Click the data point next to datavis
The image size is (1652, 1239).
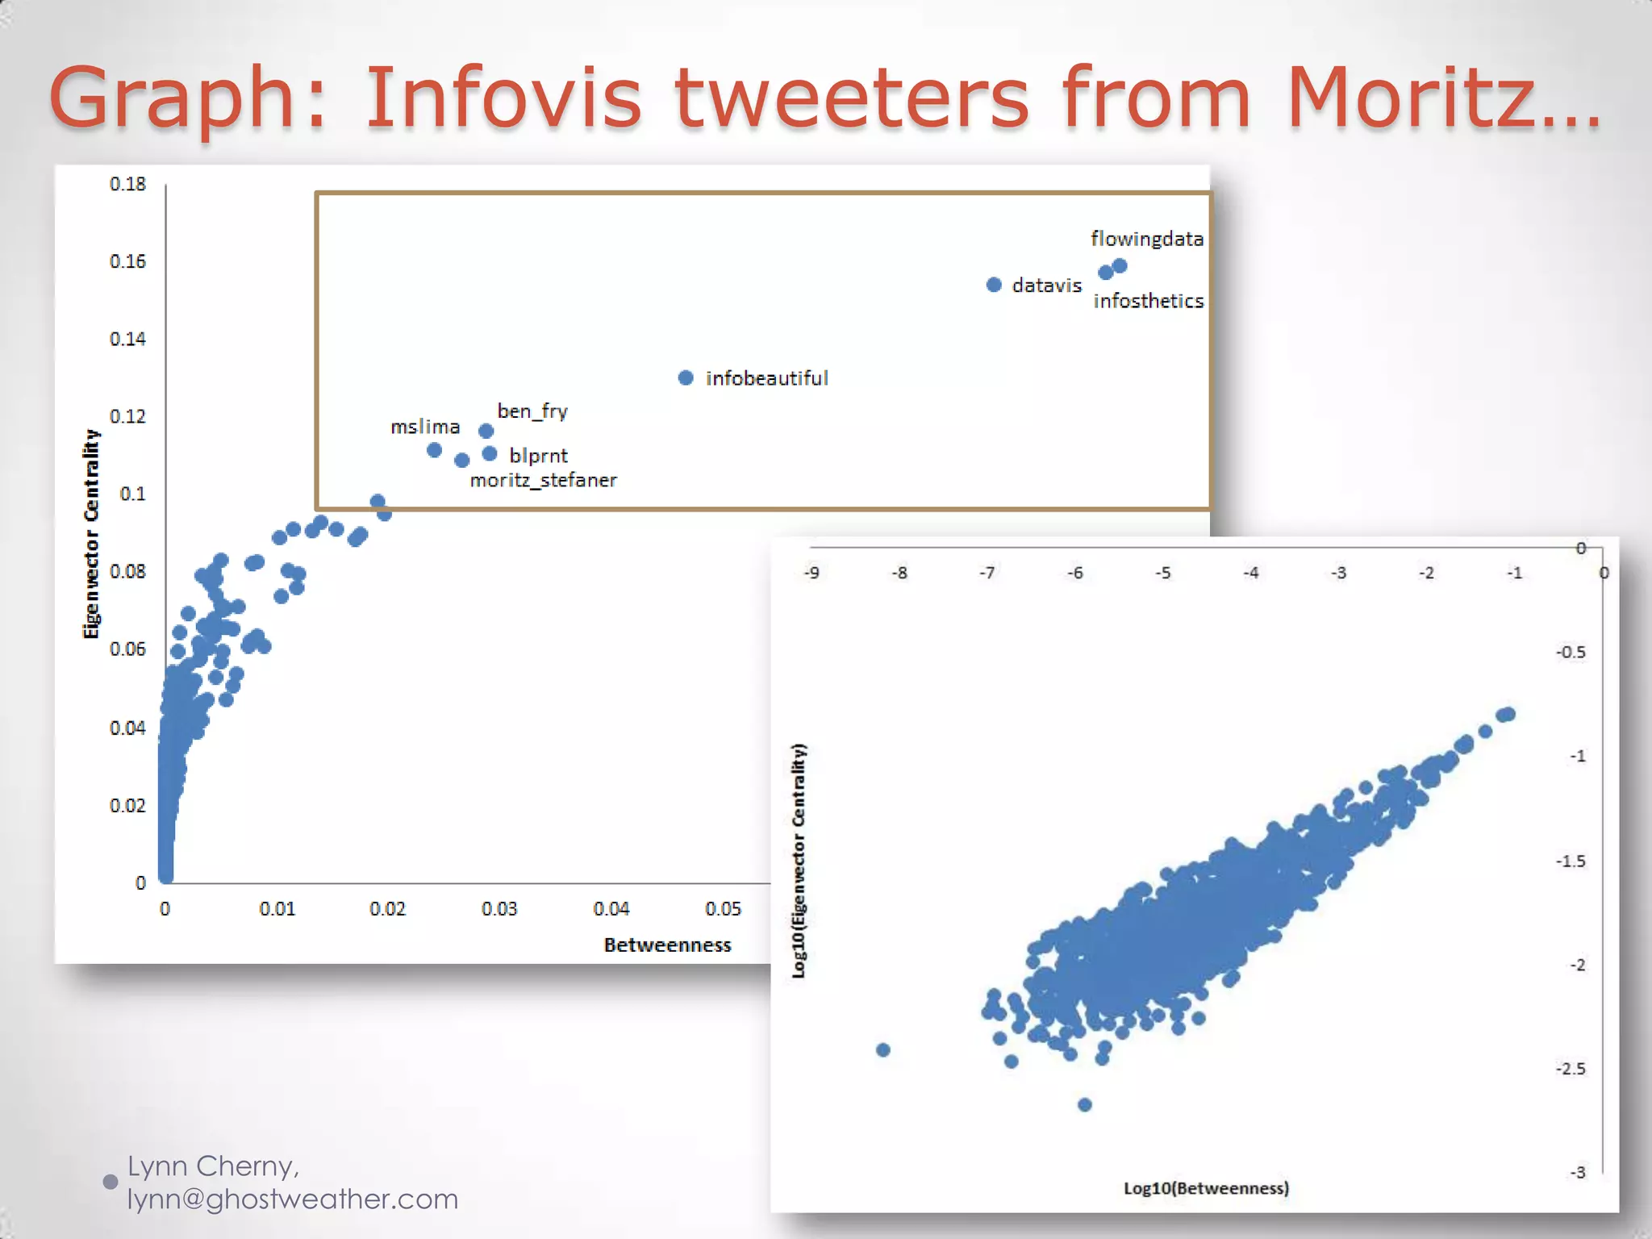click(x=994, y=285)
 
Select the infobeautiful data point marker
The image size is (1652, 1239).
click(x=686, y=378)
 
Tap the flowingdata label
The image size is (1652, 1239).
click(x=1146, y=239)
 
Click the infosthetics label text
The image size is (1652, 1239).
click(x=1148, y=301)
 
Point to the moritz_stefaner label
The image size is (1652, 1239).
click(x=543, y=481)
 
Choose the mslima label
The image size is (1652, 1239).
click(x=425, y=427)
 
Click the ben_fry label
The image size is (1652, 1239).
click(x=532, y=411)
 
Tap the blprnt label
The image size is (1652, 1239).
click(x=538, y=456)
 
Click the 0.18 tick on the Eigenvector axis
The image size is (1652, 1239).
click(x=127, y=184)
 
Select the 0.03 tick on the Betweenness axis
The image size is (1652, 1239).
click(x=499, y=909)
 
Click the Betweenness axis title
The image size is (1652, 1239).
click(x=667, y=945)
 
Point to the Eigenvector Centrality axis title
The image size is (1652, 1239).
click(x=91, y=534)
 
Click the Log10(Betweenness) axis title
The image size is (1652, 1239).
click(x=1206, y=1188)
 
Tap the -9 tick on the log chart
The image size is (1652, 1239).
click(x=811, y=573)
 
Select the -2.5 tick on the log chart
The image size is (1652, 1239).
click(x=1570, y=1069)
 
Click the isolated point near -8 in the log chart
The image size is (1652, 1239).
click(x=883, y=1049)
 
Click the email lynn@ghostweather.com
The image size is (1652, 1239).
click(x=292, y=1199)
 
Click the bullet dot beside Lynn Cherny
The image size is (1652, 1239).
click(x=111, y=1182)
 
